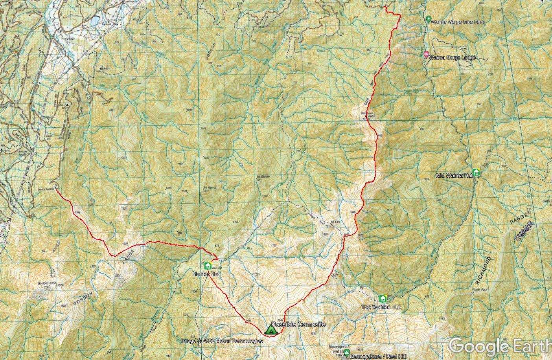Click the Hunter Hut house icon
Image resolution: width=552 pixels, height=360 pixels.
pyautogui.click(x=208, y=266)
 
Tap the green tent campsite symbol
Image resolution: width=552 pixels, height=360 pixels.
pyautogui.click(x=271, y=329)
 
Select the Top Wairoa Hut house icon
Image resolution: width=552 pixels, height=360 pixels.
pyautogui.click(x=383, y=299)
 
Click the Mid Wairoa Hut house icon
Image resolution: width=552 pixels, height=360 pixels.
pyautogui.click(x=477, y=173)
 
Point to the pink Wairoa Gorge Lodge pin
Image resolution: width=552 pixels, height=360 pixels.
pyautogui.click(x=426, y=55)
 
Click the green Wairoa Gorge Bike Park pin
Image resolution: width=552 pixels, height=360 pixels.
pyautogui.click(x=429, y=19)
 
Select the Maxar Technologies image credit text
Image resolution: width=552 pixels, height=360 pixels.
pyautogui.click(x=222, y=341)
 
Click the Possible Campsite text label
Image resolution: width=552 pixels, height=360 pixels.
pyautogui.click(x=298, y=324)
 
